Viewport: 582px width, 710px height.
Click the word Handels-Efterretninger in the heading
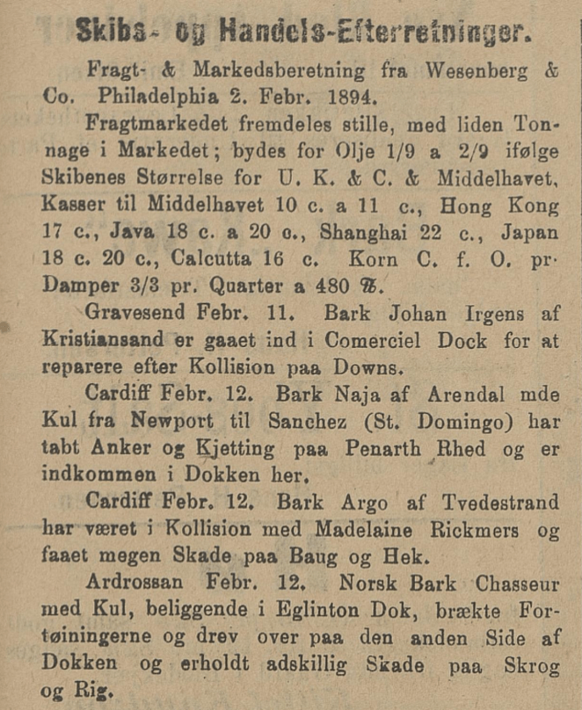pos(375,33)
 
